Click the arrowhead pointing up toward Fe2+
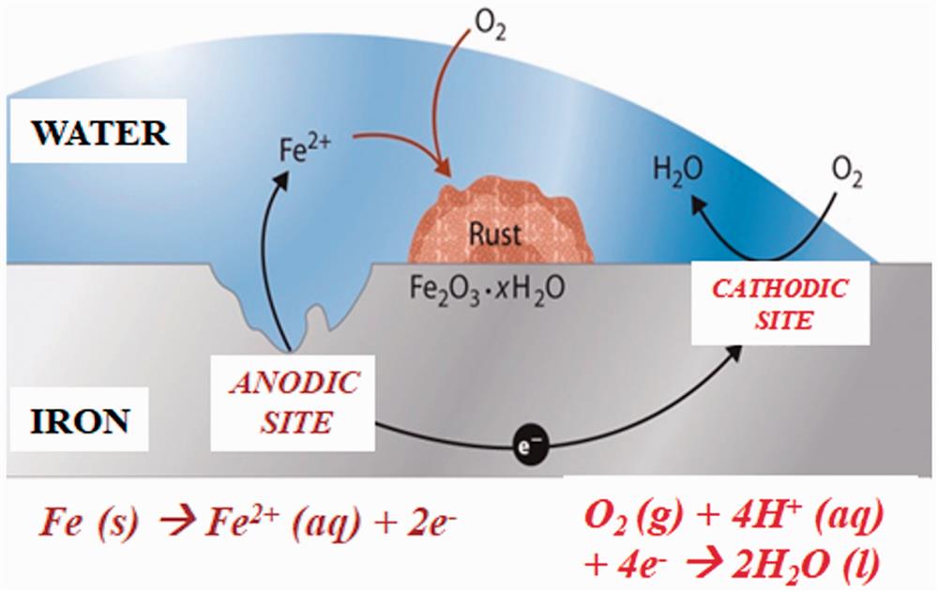click(279, 187)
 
